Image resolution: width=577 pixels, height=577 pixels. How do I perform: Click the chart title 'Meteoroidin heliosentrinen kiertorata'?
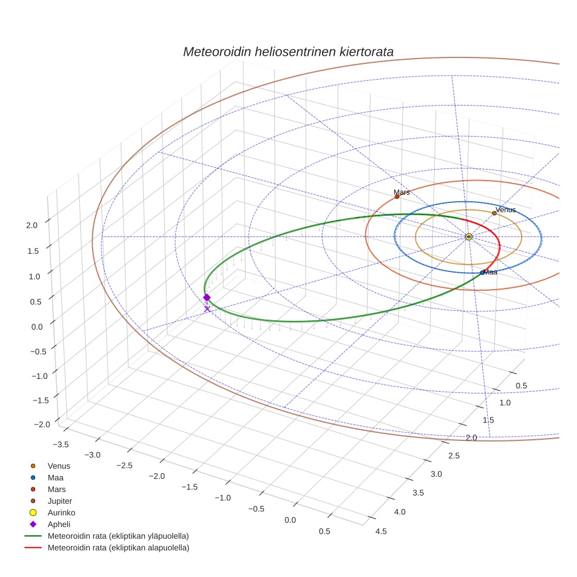click(288, 52)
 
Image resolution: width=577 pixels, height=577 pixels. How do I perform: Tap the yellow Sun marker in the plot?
click(469, 236)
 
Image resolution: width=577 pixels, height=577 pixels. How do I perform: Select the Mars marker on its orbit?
click(397, 196)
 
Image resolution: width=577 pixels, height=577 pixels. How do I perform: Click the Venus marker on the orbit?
click(494, 213)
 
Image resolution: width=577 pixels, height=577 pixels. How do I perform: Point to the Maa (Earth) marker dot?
click(482, 273)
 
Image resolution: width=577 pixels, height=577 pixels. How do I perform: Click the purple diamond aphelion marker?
click(207, 297)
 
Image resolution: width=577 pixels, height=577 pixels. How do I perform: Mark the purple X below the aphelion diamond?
click(207, 308)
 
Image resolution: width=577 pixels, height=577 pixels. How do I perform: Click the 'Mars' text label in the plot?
click(402, 192)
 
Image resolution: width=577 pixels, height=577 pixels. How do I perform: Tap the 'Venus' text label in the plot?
click(505, 209)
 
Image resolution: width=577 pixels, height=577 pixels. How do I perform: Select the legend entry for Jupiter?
click(60, 501)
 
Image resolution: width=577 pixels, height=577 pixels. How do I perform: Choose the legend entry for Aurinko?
click(61, 512)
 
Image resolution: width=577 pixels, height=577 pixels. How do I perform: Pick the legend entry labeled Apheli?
click(59, 524)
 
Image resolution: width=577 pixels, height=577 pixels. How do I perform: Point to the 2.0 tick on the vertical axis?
click(32, 225)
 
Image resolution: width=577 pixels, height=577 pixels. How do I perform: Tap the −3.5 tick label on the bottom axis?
click(60, 444)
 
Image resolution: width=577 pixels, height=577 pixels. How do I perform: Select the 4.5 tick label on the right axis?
click(381, 531)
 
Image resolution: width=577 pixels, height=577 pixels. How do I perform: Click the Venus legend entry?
click(59, 466)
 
